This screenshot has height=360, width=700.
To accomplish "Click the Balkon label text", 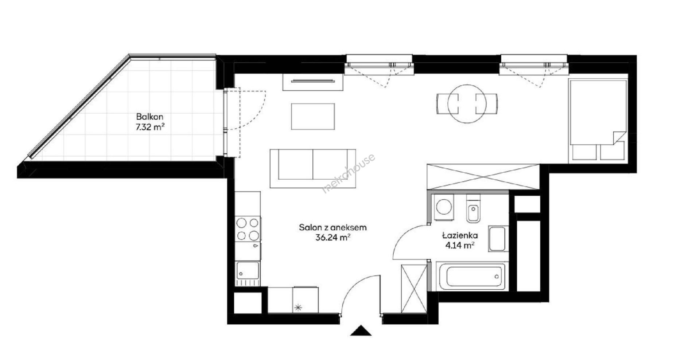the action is (x=149, y=117).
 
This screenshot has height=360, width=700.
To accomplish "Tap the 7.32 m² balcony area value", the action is (x=149, y=126).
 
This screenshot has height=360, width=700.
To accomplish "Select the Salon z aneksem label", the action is (x=333, y=228).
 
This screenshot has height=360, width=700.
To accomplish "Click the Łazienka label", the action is (x=460, y=236).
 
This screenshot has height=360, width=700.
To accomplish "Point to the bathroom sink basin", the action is (x=497, y=239).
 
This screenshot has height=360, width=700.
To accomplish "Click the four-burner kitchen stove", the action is (x=248, y=229).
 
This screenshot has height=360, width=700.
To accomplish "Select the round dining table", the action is (x=467, y=104).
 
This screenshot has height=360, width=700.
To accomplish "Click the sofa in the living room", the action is (x=313, y=168).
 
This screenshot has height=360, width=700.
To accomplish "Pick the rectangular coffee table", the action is (x=313, y=117).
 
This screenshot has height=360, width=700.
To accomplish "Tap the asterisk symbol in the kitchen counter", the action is (x=298, y=308).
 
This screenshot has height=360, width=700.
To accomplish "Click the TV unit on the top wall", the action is (x=313, y=82).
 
